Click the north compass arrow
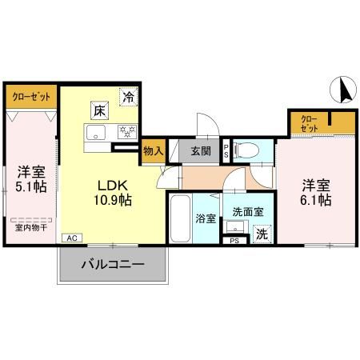click(x=345, y=89)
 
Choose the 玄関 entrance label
click(x=201, y=150)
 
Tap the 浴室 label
click(x=205, y=218)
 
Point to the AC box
click(x=71, y=238)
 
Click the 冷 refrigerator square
click(x=128, y=98)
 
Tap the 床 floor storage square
click(x=98, y=108)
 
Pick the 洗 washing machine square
click(x=261, y=234)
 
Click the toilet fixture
click(x=249, y=149)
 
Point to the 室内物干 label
click(x=30, y=227)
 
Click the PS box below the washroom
click(x=234, y=240)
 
